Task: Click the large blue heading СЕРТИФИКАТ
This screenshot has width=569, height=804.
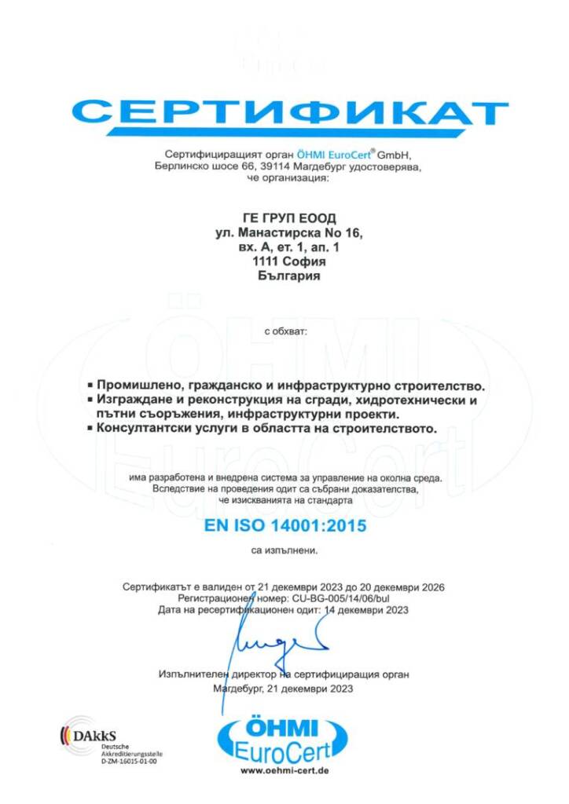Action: pos(290,114)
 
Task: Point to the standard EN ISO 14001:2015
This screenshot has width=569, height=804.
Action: pos(285,526)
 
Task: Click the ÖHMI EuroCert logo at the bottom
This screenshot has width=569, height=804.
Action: pos(284,738)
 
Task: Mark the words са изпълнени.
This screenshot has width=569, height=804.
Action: pos(284,551)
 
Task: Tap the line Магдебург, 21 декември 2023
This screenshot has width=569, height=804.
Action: pos(283,689)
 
